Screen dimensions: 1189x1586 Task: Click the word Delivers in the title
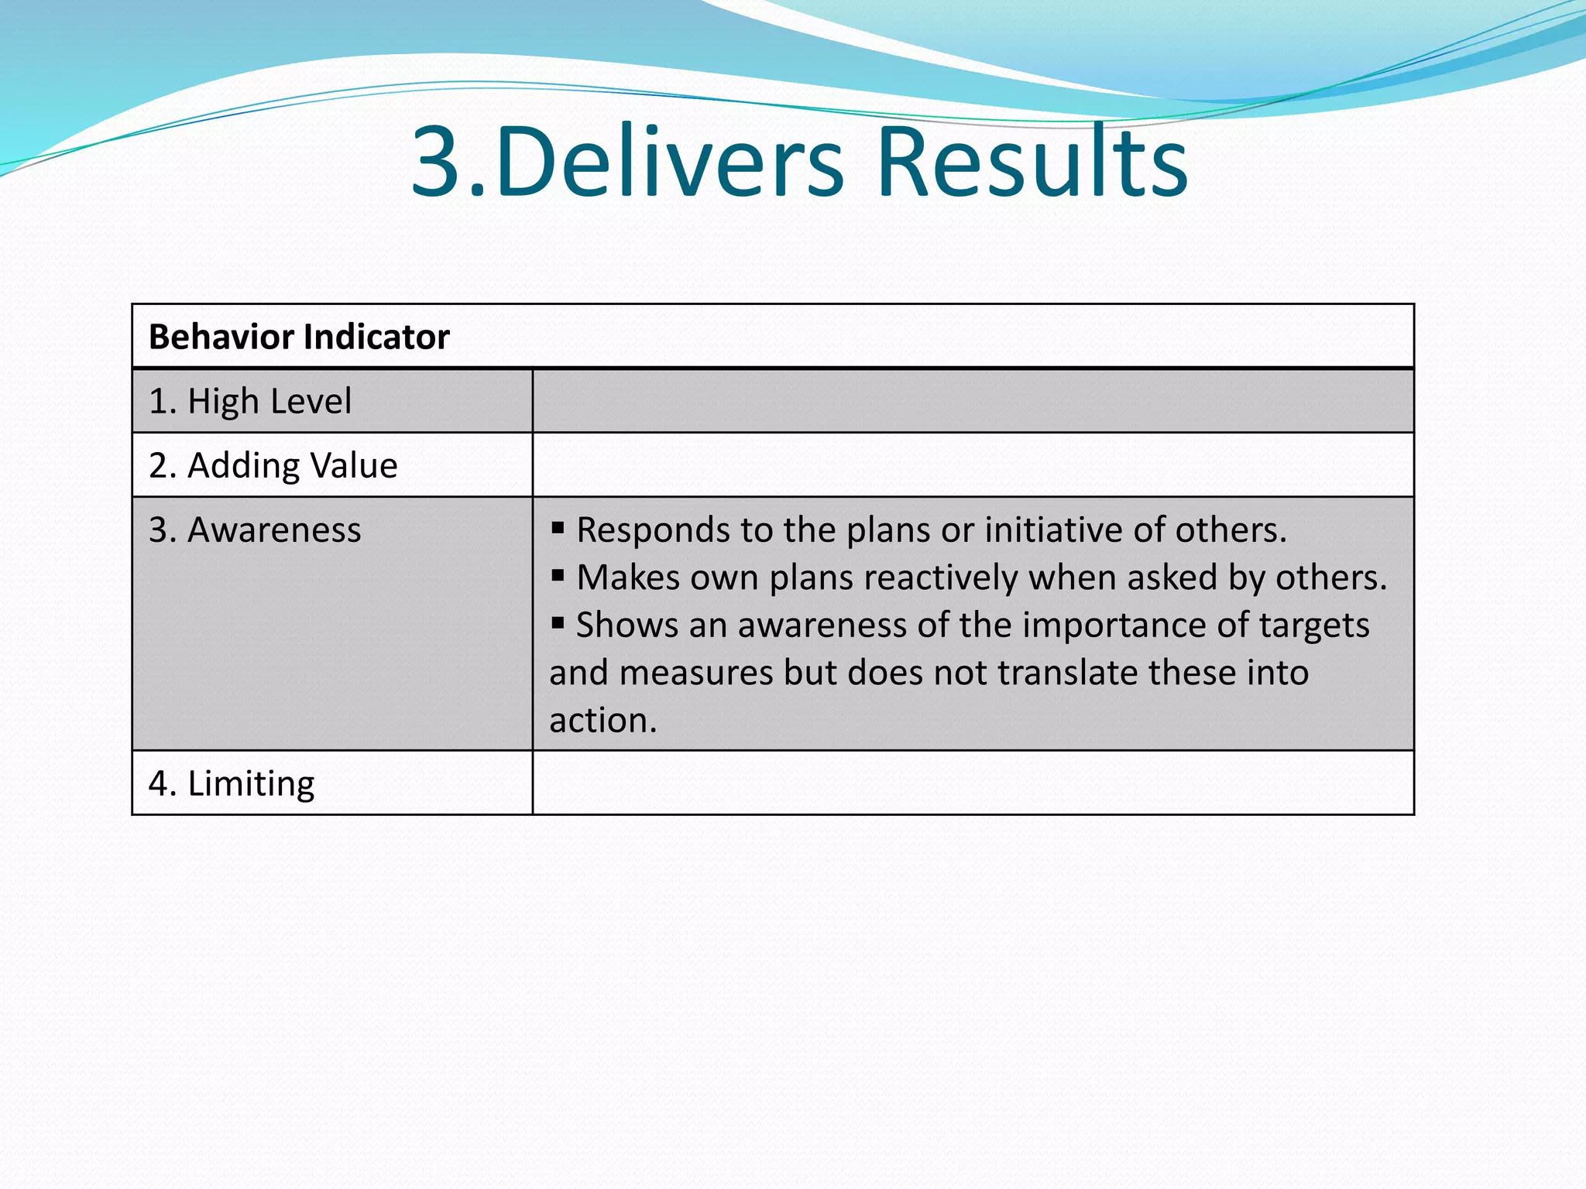[x=670, y=163]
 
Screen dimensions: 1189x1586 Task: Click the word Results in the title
[x=1032, y=163]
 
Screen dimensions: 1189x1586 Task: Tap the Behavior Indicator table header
[x=299, y=338]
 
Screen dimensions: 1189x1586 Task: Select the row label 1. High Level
[x=250, y=402]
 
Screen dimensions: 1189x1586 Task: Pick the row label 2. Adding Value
[x=273, y=466]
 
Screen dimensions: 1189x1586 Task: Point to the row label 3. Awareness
[x=255, y=530]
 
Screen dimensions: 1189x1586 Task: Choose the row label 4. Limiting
[x=232, y=783]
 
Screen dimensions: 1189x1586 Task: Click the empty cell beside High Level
[x=973, y=402]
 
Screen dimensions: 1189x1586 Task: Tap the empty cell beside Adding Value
[x=973, y=466]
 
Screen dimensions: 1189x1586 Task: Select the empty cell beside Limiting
[x=973, y=783]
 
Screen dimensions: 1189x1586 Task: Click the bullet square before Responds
[x=558, y=529]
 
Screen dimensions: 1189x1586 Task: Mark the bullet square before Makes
[x=558, y=576]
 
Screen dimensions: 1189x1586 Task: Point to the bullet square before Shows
[x=558, y=622]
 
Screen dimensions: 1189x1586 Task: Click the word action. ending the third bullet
[x=602, y=721]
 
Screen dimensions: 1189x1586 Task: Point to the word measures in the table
[x=695, y=673]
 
